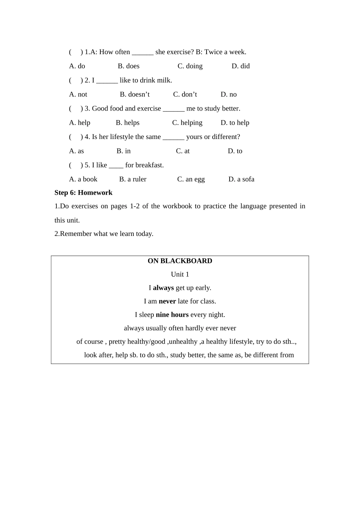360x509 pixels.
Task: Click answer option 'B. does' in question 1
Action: coord(128,66)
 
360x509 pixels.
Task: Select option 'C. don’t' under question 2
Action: coord(185,94)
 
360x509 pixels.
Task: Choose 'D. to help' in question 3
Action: coord(235,123)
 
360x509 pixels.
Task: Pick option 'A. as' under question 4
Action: coord(77,151)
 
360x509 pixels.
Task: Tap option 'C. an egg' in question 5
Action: coord(191,179)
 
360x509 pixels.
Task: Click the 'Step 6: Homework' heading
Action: coord(83,192)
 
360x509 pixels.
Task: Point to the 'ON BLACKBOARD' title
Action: coord(180,261)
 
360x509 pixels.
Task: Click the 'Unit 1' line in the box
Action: coord(180,274)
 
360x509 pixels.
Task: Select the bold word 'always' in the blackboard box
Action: coord(163,288)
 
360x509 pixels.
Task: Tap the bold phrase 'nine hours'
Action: coord(172,315)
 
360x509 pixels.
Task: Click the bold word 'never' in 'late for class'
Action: coord(167,301)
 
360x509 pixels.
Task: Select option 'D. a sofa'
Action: coord(241,179)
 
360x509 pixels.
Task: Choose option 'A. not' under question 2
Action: coord(78,94)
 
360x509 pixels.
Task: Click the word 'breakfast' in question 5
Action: coord(149,165)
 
